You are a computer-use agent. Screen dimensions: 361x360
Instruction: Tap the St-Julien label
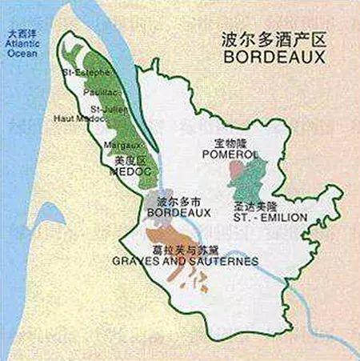(x=106, y=108)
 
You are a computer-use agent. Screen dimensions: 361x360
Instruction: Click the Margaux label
(x=123, y=145)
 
